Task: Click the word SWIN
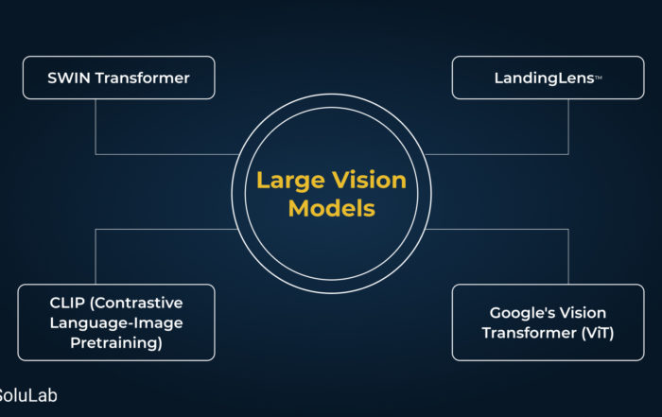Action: (69, 78)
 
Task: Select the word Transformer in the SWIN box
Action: (142, 78)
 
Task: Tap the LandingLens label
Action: (548, 78)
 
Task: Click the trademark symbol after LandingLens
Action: (599, 78)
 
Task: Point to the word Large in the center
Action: (290, 182)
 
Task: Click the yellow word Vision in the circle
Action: (369, 181)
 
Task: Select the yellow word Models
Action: (331, 208)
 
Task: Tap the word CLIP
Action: (67, 303)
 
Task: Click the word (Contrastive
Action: (136, 303)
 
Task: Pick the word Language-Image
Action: (116, 323)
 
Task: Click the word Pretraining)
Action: (116, 342)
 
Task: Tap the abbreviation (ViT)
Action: (598, 333)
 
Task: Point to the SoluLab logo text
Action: (27, 395)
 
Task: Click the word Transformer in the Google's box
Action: (530, 333)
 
